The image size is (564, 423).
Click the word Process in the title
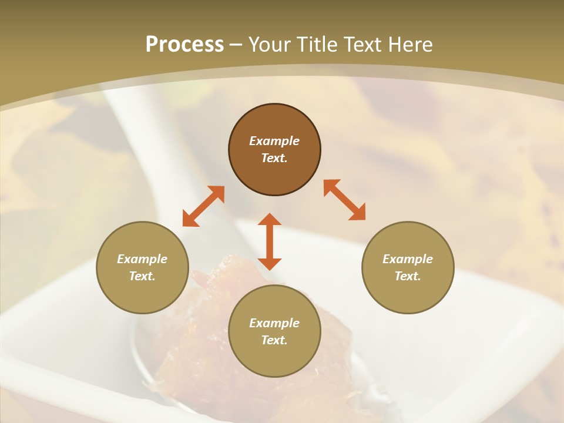tap(184, 45)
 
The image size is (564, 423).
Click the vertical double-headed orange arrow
tap(270, 241)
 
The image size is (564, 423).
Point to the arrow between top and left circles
tap(203, 206)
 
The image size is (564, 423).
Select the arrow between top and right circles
tap(345, 200)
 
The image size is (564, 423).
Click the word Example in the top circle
tap(274, 141)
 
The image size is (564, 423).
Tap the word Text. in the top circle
tap(274, 158)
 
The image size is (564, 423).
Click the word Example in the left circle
tap(142, 259)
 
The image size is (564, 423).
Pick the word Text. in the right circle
tap(408, 276)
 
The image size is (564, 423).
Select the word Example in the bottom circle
tap(274, 323)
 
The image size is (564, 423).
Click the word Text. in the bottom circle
tap(274, 340)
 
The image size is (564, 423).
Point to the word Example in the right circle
tap(408, 259)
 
